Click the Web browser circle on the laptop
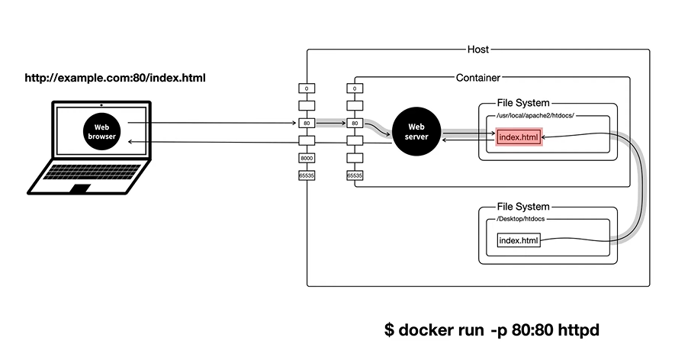coord(101,131)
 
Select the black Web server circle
coord(416,131)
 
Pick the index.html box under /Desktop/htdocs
coord(519,241)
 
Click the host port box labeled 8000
coord(307,158)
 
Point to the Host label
coord(478,50)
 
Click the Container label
coord(478,77)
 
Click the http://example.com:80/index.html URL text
coord(115,78)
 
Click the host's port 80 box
coord(307,123)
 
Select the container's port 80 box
coord(355,123)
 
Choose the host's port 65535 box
coord(307,175)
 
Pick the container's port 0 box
coord(355,88)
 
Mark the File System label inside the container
coord(523,102)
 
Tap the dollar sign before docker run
coord(389,331)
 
